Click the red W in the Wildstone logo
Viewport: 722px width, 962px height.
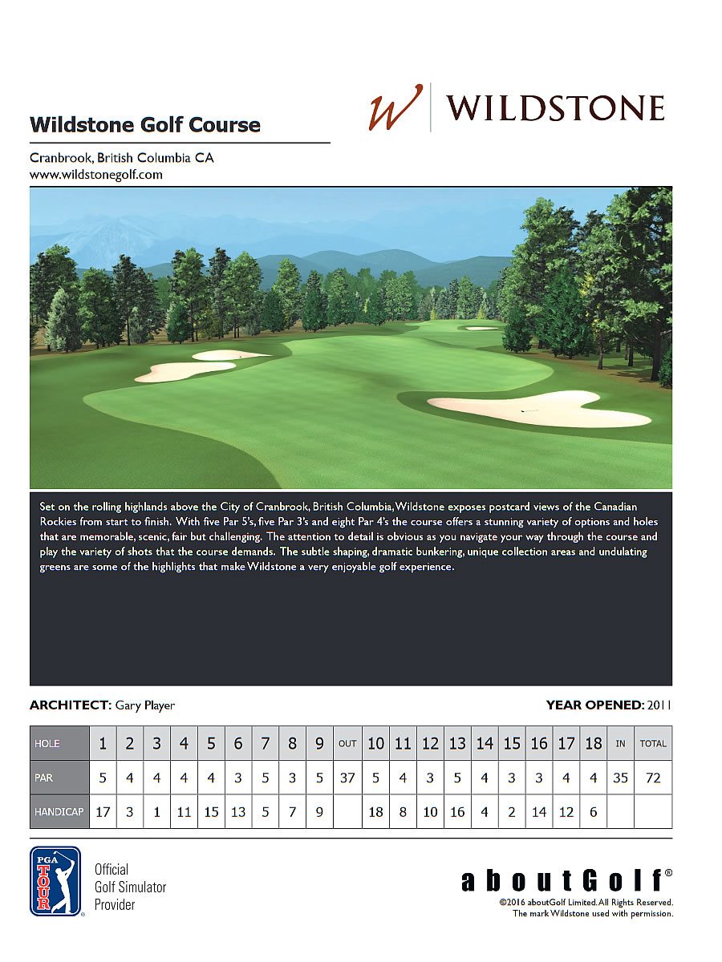pos(395,107)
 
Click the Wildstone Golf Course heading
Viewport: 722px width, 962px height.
pos(145,125)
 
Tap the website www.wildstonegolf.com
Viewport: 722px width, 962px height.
pos(96,174)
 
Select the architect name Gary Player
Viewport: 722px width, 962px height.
pos(145,705)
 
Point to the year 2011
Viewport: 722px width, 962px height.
pos(659,705)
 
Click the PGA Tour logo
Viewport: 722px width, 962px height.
pos(55,881)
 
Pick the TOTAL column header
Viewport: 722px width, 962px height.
pos(653,743)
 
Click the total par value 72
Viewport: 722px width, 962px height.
pos(653,778)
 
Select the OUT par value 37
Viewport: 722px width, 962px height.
pos(347,778)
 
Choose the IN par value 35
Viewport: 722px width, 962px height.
pos(620,778)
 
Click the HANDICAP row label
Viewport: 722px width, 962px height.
pos(59,812)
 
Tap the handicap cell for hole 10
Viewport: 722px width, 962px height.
pos(375,812)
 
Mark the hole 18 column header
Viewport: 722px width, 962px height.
pos(594,743)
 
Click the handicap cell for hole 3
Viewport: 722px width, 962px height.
pos(156,812)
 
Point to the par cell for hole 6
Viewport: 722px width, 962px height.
pos(238,778)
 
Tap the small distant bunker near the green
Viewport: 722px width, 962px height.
pos(481,328)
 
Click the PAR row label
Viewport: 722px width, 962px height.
pos(59,778)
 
